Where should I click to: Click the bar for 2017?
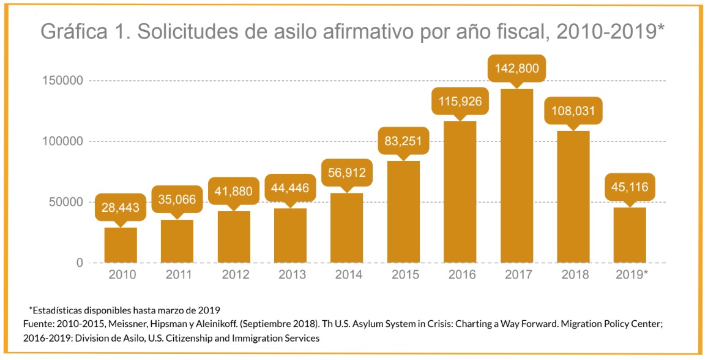tap(516, 176)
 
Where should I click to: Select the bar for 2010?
tap(121, 245)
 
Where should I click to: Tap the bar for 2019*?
tap(630, 235)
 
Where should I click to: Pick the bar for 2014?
tap(346, 228)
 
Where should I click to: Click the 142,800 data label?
tap(516, 69)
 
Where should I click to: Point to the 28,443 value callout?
tap(121, 208)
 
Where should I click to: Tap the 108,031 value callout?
tap(573, 112)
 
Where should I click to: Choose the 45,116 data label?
tap(630, 188)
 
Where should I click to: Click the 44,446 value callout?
tap(290, 188)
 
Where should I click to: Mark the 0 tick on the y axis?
tap(80, 263)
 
